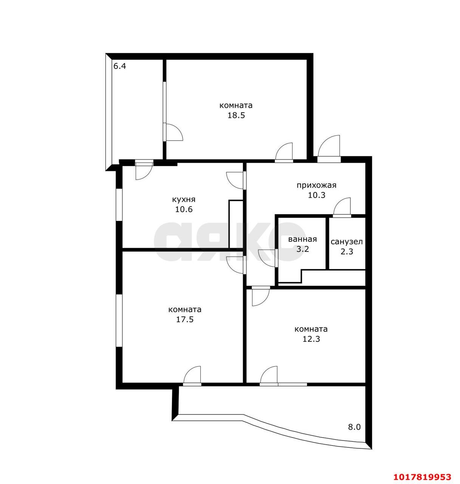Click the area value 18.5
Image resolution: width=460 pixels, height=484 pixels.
click(x=236, y=115)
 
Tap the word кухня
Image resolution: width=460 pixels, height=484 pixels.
click(x=184, y=199)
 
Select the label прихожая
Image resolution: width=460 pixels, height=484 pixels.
click(x=316, y=185)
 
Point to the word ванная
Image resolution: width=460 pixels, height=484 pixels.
click(x=302, y=239)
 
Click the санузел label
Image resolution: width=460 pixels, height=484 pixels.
click(x=346, y=242)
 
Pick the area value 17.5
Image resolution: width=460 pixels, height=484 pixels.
click(x=184, y=320)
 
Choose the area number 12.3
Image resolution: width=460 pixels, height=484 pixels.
click(x=311, y=339)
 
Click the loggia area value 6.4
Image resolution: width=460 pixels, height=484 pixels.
click(x=119, y=66)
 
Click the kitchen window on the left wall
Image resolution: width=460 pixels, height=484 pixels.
click(x=119, y=205)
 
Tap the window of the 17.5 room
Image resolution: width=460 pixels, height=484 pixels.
click(x=119, y=320)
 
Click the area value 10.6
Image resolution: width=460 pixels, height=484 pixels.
click(x=184, y=209)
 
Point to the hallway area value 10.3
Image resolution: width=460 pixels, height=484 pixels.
click(x=316, y=195)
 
